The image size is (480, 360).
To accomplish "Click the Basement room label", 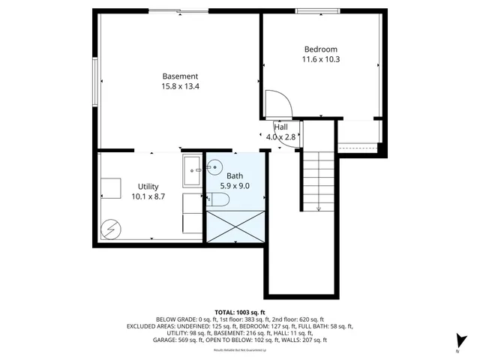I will pyautogui.click(x=180, y=76).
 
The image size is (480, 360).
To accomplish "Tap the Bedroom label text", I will pyautogui.click(x=321, y=49).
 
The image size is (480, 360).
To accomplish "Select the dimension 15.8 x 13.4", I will pyautogui.click(x=180, y=86).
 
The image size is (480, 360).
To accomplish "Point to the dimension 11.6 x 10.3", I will pyautogui.click(x=321, y=59).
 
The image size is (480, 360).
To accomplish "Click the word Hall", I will pyautogui.click(x=281, y=127).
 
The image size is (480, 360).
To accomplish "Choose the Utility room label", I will pyautogui.click(x=148, y=186).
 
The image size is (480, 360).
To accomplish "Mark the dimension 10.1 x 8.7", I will pyautogui.click(x=148, y=196).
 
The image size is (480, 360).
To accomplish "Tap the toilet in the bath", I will pyautogui.click(x=220, y=199).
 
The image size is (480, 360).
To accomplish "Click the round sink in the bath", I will pyautogui.click(x=215, y=166).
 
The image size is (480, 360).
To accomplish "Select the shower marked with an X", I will pyautogui.click(x=235, y=226).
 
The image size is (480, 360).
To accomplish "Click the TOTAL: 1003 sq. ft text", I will pyautogui.click(x=240, y=311).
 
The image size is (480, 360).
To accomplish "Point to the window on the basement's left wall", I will pyautogui.click(x=96, y=80).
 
